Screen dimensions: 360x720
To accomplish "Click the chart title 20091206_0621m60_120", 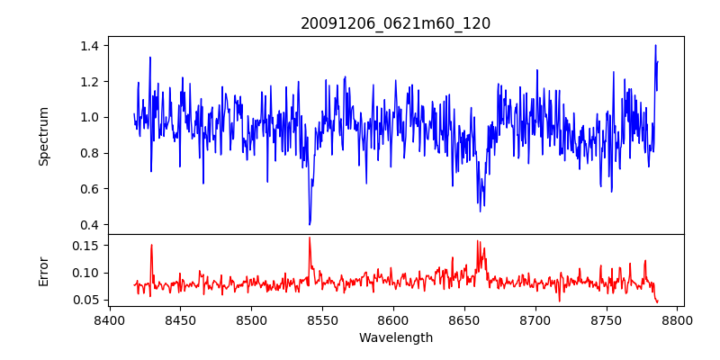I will pos(396,23).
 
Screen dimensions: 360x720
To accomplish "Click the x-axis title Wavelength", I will pos(396,337).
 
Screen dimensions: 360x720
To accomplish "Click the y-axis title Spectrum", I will pos(43,136).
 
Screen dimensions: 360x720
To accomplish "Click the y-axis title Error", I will pos(43,270).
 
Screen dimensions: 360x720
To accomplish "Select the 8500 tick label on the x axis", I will pos(251,319).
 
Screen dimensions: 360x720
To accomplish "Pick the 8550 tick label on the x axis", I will pos(322,319).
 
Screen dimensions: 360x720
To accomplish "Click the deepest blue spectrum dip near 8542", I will pos(310,224).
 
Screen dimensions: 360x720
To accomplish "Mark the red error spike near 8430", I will pos(151,245).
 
